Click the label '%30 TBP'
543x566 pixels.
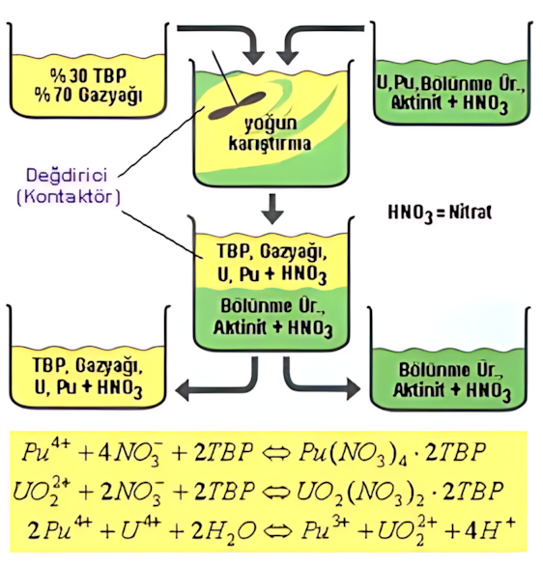(88, 75)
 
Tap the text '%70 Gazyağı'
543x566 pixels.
(88, 96)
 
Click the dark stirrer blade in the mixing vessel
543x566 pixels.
(237, 105)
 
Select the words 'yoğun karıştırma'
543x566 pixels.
(271, 133)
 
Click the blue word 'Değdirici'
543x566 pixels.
(67, 176)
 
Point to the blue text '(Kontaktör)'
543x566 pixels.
(69, 197)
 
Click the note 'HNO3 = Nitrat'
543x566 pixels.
(440, 212)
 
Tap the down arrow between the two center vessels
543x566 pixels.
(272, 209)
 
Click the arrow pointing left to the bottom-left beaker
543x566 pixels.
(216, 382)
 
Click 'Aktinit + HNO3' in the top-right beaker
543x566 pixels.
(449, 103)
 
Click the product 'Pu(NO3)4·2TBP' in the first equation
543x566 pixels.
(391, 453)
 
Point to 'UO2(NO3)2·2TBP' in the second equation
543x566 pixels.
(400, 493)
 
